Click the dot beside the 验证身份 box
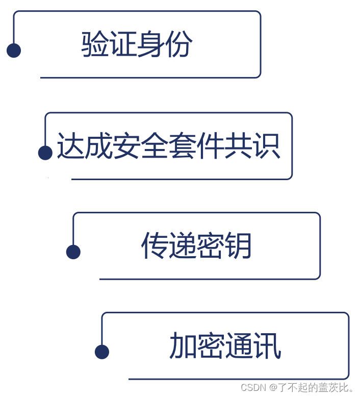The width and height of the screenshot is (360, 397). pyautogui.click(x=14, y=51)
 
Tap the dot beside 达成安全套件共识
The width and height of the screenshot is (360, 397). pyautogui.click(x=45, y=153)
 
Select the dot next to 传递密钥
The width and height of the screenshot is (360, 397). pyautogui.click(x=73, y=252)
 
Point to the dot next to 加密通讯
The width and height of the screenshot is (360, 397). pyautogui.click(x=102, y=352)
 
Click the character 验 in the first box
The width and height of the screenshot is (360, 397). pyautogui.click(x=95, y=44)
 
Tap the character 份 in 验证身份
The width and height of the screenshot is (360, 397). pyautogui.click(x=179, y=44)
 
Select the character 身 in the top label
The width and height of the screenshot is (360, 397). pyautogui.click(x=151, y=44)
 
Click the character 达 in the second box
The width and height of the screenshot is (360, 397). pyautogui.click(x=70, y=146)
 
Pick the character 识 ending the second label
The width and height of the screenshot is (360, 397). pyautogui.click(x=267, y=146)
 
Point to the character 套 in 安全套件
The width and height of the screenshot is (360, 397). pyautogui.click(x=183, y=146)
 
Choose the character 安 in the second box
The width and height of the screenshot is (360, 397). pyautogui.click(x=126, y=146)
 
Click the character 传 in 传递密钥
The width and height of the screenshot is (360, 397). pyautogui.click(x=155, y=246)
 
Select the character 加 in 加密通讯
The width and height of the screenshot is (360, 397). pyautogui.click(x=183, y=346)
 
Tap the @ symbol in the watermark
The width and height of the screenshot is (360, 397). pyautogui.click(x=273, y=387)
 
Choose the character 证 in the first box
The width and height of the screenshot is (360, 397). pyautogui.click(x=123, y=44)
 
